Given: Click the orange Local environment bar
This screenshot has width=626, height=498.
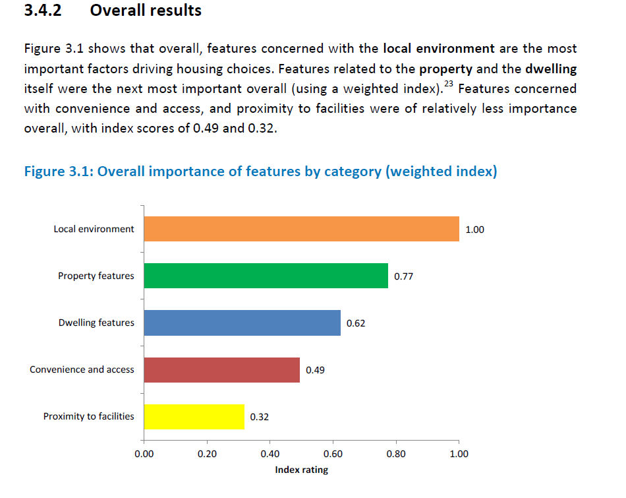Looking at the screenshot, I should pos(301,229).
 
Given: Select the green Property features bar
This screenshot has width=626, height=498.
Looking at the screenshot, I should pos(266,276).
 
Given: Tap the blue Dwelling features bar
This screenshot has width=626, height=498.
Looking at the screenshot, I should pos(242,323).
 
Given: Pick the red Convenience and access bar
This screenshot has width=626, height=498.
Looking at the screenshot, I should pos(221,370).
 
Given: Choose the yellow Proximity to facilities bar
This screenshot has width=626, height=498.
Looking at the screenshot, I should pos(194,417).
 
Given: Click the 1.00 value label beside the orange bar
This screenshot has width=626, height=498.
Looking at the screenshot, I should pos(474,230).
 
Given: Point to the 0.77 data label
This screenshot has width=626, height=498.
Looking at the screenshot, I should pos(403,276).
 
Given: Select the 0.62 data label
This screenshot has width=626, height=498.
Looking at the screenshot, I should pos(356,323).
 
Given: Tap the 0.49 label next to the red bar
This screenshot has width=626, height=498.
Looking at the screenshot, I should pos(315,370).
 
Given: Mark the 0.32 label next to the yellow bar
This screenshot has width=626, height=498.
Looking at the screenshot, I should pos(259,417).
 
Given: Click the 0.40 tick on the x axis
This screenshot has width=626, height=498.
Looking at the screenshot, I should pos(270,454).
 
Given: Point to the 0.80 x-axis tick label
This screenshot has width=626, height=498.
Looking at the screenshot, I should pos(396,454).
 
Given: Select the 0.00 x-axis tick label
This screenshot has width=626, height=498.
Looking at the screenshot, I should pos(144,454).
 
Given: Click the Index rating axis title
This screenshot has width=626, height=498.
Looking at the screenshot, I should pos(301,470).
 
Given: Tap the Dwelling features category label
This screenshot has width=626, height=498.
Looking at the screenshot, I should pos(96,323).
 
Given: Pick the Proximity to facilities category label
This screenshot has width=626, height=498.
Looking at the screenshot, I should pos(88,416).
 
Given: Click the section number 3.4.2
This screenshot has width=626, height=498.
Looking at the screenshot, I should pos(42,11).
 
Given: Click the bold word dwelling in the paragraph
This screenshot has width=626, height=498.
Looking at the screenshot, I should pos(551,69).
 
